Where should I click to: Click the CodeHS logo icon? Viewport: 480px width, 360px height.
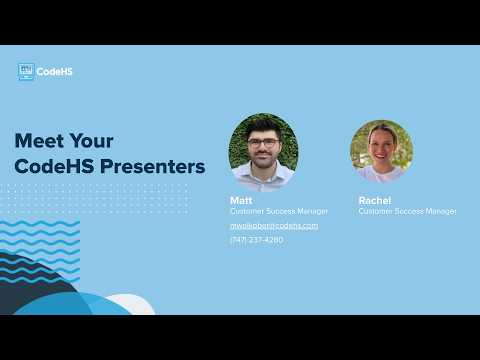pyautogui.click(x=26, y=72)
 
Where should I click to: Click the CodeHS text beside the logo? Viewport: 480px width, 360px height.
pyautogui.click(x=54, y=72)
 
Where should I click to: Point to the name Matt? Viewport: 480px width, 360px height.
pyautogui.click(x=241, y=200)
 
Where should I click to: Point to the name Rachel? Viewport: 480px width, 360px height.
pyautogui.click(x=374, y=200)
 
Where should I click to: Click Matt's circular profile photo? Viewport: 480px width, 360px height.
pyautogui.click(x=263, y=151)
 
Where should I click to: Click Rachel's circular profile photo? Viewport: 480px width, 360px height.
pyautogui.click(x=382, y=151)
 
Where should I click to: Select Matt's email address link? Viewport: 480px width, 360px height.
pyautogui.click(x=274, y=226)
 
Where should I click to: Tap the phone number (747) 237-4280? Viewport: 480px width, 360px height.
pyautogui.click(x=256, y=240)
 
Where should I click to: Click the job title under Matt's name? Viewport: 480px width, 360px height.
pyautogui.click(x=278, y=212)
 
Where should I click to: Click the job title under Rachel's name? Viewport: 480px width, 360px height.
pyautogui.click(x=407, y=212)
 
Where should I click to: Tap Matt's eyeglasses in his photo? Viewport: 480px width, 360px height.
pyautogui.click(x=263, y=143)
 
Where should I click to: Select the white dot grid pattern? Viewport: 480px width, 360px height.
pyautogui.click(x=95, y=198)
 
